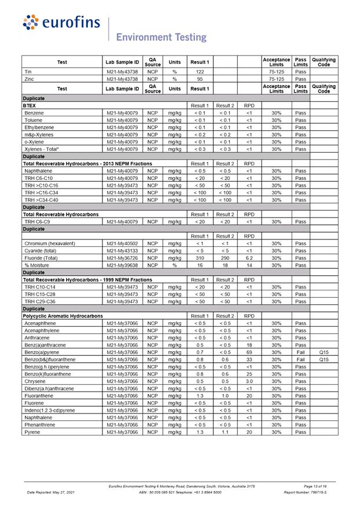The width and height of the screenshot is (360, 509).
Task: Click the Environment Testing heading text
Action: click(161, 37)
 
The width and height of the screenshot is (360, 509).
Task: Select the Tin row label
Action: click(28, 71)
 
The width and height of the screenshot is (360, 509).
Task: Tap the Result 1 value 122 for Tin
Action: click(200, 71)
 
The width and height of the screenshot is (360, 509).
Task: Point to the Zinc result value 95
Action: click(200, 79)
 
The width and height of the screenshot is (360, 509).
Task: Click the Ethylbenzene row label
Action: click(40, 127)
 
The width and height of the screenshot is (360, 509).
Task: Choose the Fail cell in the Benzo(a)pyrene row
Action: click(300, 352)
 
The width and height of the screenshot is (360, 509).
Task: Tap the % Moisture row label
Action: click(39, 265)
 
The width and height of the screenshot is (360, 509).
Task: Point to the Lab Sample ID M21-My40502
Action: click(123, 244)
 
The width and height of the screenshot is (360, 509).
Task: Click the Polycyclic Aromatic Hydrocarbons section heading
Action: click(63, 316)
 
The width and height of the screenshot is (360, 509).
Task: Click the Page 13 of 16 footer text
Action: click(315, 486)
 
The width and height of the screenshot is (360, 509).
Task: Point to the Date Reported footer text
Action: click(51, 492)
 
